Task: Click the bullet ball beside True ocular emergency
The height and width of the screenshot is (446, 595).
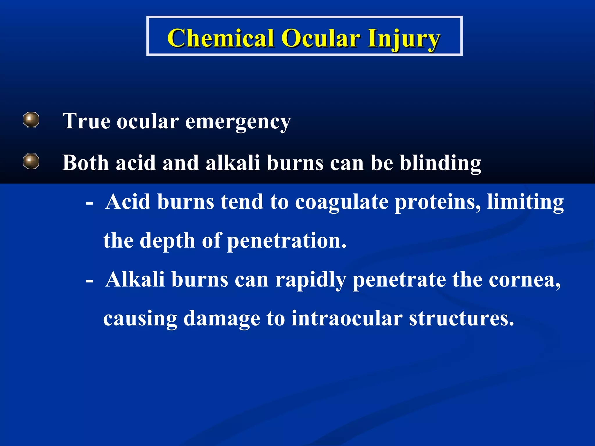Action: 31,120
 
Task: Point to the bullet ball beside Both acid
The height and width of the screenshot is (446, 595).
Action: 31,161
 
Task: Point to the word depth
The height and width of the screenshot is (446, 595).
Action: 167,241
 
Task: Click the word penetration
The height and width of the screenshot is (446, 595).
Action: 286,241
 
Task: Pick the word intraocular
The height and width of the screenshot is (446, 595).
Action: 347,319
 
